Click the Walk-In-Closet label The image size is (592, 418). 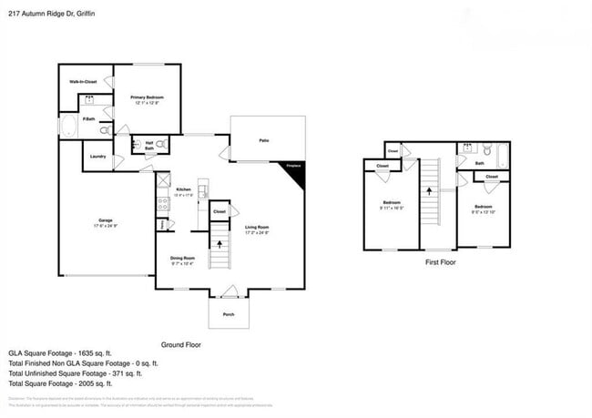click(x=83, y=82)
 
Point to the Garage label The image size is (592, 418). click(x=106, y=220)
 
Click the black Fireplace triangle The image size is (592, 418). click(x=297, y=171)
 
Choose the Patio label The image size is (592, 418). click(x=264, y=141)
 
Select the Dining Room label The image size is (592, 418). click(x=183, y=260)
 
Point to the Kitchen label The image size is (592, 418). click(x=183, y=189)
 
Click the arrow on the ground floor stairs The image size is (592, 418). click(x=219, y=244)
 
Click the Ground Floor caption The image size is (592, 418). click(x=180, y=345)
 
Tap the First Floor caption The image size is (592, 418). click(x=440, y=262)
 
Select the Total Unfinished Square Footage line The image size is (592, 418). click(x=75, y=373)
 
